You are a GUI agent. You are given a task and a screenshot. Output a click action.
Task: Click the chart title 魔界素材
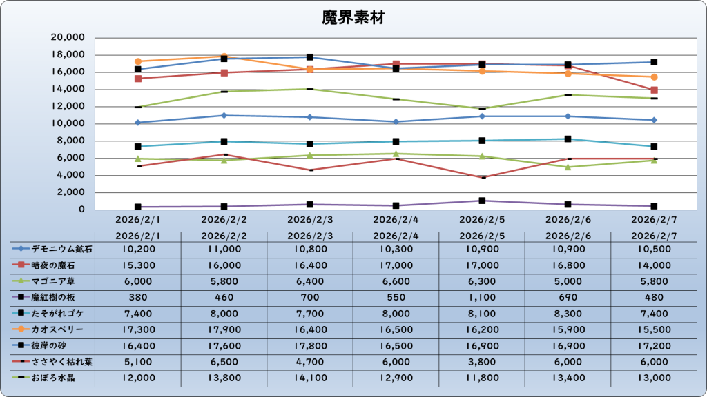pos(353,18)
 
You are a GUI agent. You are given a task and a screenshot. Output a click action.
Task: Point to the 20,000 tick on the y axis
pos(68,38)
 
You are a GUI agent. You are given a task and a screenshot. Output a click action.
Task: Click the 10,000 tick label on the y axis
pos(68,124)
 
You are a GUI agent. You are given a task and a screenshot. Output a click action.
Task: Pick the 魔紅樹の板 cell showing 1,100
pos(482,298)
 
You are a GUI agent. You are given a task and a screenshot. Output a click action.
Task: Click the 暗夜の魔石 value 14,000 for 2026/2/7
pos(654,265)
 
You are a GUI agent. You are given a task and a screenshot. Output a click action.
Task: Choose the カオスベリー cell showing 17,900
pos(224,330)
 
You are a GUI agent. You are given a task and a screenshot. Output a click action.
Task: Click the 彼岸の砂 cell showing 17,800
pos(310,347)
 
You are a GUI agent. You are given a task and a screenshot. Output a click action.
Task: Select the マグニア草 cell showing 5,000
pos(568,281)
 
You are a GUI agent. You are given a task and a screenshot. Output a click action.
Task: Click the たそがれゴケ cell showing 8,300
pos(568,314)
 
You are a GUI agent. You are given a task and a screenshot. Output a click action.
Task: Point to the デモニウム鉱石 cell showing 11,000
pos(224,248)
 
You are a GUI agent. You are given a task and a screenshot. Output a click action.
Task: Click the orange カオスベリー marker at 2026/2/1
pos(138,61)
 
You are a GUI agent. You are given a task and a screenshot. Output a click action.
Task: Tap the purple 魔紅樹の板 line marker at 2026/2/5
pos(482,201)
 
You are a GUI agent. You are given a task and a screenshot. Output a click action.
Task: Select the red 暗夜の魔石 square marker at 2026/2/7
pos(654,90)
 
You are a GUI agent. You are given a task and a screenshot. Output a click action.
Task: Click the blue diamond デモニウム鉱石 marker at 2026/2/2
pos(224,115)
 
